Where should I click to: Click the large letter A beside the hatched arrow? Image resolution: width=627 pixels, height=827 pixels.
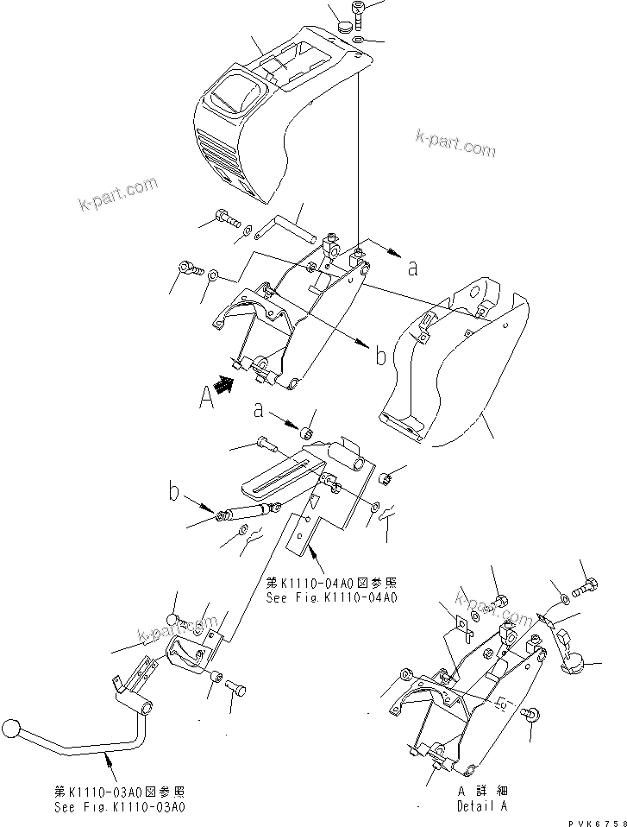[x=206, y=399]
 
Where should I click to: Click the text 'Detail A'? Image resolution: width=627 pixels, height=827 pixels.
[x=482, y=806]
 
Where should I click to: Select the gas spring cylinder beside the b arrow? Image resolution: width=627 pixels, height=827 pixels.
[x=248, y=512]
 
